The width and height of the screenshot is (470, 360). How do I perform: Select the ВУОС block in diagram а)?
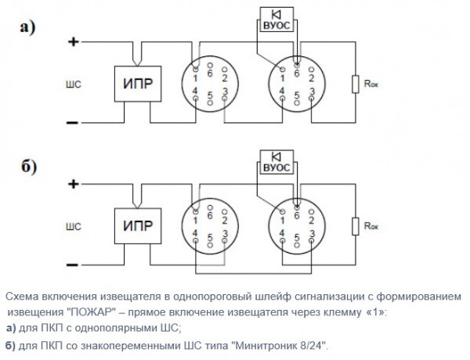(278, 25)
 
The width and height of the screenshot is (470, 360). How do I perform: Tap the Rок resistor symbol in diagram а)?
(356, 85)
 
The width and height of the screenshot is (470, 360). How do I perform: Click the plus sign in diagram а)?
(73, 42)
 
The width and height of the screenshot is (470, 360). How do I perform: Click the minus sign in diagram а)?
(72, 122)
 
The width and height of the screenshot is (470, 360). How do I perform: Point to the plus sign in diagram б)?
(73, 185)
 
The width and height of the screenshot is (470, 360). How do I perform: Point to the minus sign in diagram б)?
(72, 265)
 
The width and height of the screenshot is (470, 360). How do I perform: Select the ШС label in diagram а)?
(75, 83)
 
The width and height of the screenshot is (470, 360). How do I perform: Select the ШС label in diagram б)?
(75, 227)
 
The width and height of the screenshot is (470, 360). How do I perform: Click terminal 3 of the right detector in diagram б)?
(312, 234)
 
